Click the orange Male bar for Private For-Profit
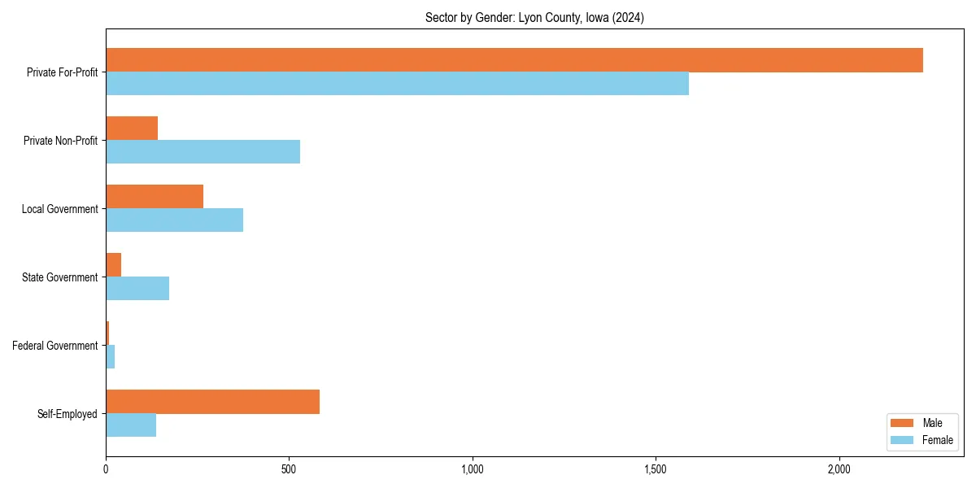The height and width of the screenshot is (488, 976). (514, 60)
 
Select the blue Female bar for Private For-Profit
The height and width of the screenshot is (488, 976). (397, 84)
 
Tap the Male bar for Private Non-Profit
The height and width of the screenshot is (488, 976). (132, 129)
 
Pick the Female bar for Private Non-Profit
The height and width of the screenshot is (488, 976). (203, 152)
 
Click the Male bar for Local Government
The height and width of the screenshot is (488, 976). (155, 197)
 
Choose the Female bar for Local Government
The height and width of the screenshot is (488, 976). (174, 220)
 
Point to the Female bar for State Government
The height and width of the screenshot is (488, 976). (137, 289)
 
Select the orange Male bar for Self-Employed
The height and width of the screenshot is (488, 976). (212, 402)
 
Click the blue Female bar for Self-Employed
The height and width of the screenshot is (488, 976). (131, 425)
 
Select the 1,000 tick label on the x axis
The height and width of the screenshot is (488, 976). (473, 469)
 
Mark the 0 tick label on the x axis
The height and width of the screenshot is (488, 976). (106, 469)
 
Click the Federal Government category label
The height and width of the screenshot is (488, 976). (55, 346)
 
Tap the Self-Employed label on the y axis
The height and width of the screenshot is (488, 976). (68, 414)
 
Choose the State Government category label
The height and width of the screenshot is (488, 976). (60, 277)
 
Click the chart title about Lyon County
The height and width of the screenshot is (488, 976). (534, 18)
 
